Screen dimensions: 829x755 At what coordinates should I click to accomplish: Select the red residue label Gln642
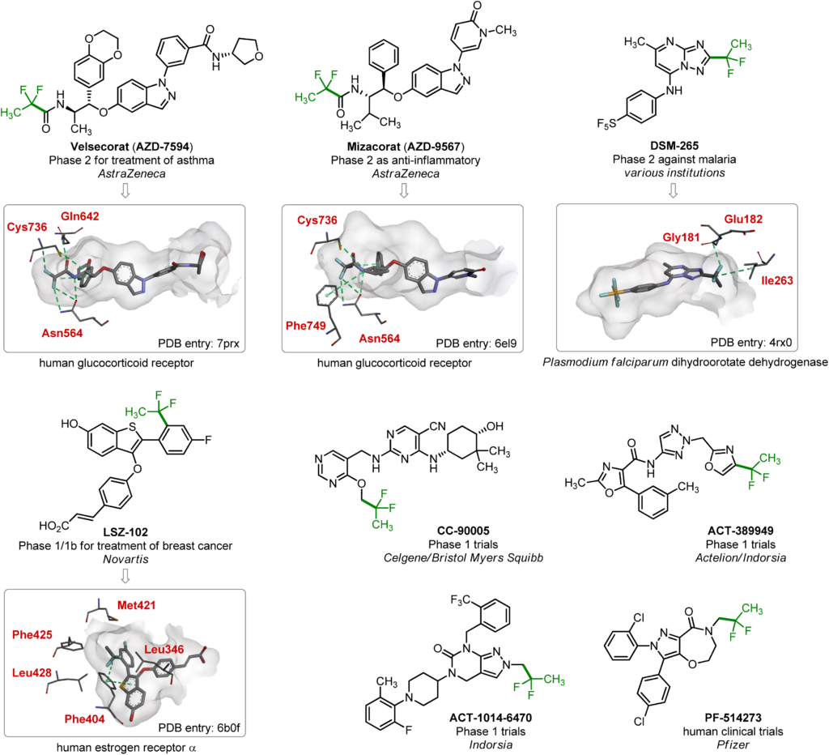click(80, 216)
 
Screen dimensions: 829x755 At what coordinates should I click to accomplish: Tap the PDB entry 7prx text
click(199, 343)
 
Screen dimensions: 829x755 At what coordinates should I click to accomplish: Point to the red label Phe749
click(305, 326)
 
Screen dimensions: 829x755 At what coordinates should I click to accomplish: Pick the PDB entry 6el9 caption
click(476, 343)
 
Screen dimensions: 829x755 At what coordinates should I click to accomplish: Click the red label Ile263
click(777, 280)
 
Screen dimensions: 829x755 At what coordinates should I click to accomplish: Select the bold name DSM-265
click(674, 146)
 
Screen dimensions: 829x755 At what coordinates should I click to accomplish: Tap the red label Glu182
click(743, 219)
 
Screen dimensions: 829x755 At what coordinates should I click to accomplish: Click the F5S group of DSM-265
click(606, 124)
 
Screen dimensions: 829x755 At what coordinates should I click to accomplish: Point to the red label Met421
click(136, 605)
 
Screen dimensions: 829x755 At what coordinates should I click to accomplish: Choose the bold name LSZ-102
click(125, 531)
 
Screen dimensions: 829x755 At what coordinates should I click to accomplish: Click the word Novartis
click(125, 559)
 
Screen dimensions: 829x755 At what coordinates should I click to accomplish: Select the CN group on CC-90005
click(437, 426)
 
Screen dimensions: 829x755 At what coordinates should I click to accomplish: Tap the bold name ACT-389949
click(741, 531)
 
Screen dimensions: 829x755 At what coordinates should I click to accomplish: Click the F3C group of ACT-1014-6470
click(461, 600)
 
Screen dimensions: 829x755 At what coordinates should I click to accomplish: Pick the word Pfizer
click(733, 744)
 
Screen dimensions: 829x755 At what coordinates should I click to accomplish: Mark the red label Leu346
click(164, 650)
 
